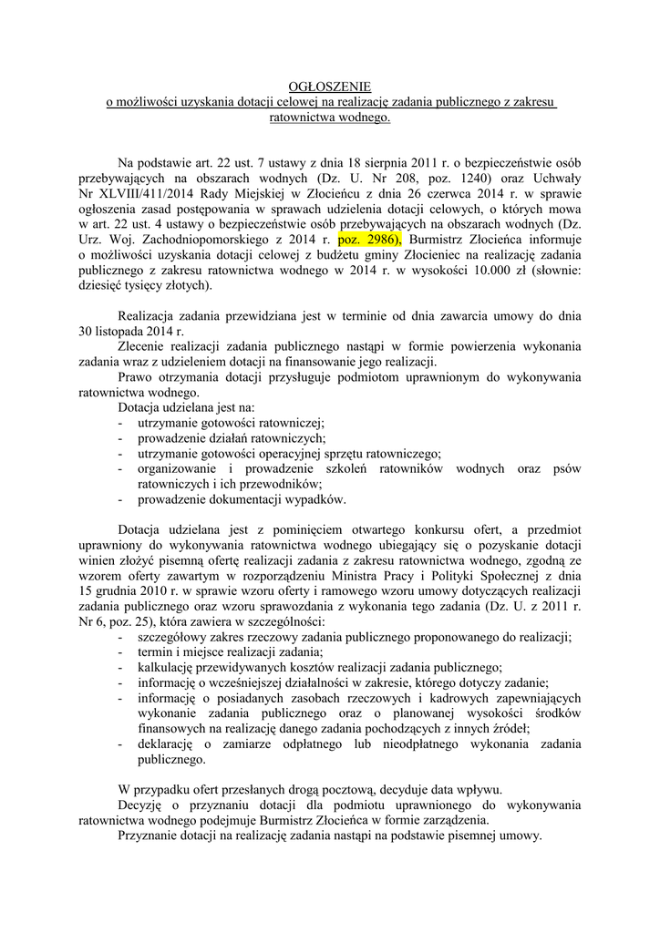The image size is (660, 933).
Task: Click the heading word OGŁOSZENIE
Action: (x=330, y=87)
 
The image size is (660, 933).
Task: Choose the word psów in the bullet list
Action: (x=565, y=467)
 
